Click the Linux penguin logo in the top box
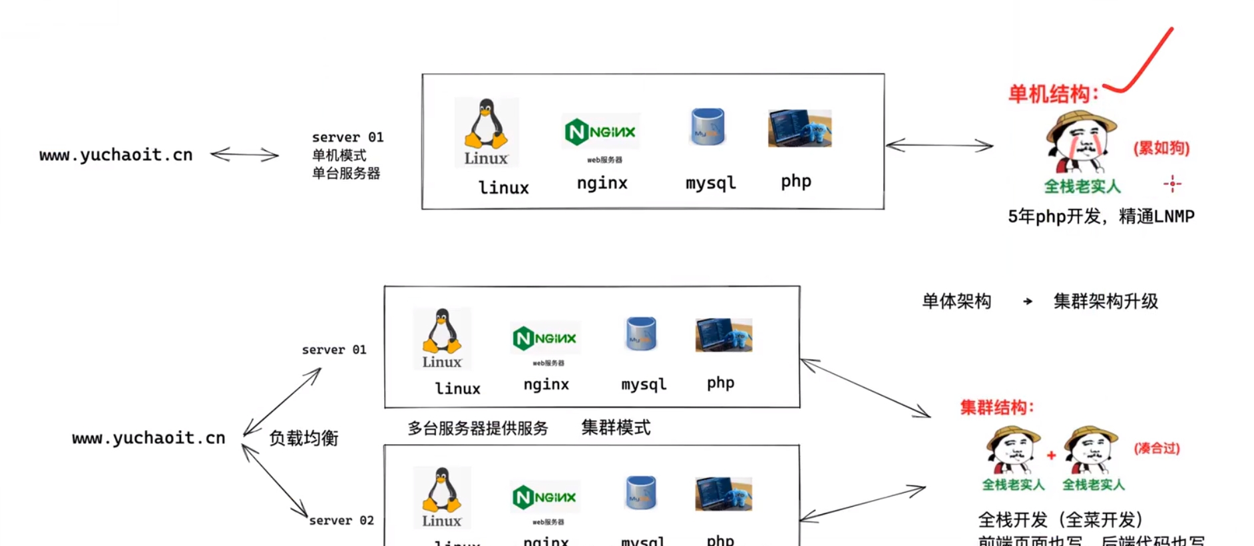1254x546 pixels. tap(487, 132)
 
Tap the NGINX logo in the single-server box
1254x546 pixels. tap(601, 131)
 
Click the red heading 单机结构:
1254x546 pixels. tap(1052, 94)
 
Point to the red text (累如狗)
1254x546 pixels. tap(1161, 148)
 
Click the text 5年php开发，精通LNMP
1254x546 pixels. tap(1101, 216)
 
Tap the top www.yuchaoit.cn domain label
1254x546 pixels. tap(116, 155)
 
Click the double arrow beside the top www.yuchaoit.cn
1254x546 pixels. tap(244, 155)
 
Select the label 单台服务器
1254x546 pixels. tap(346, 174)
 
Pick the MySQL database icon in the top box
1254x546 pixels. tap(708, 127)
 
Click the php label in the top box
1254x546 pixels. tap(796, 181)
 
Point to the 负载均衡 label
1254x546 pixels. tap(304, 438)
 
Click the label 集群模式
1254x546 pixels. tap(616, 427)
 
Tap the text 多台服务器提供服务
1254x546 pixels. tap(478, 428)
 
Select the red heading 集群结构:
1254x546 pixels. tap(997, 408)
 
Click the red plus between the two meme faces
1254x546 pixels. tap(1051, 455)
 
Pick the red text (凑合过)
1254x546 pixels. tap(1157, 448)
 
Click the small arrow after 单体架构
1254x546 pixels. tap(1028, 302)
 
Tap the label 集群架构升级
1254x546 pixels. tap(1106, 302)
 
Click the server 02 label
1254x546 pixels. tap(341, 521)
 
